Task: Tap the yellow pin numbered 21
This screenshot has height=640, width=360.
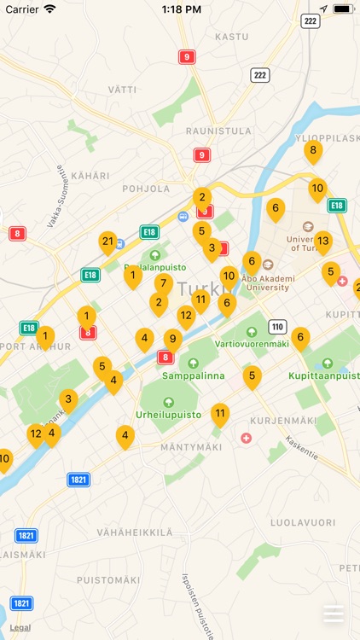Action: coord(107,242)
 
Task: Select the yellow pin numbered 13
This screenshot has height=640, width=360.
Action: coord(322,241)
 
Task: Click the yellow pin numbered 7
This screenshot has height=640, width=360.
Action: coord(164,283)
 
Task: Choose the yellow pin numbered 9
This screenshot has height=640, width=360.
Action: coord(173,339)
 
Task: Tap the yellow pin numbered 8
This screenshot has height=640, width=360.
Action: coord(313,151)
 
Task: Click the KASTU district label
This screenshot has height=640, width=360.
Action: coord(231,37)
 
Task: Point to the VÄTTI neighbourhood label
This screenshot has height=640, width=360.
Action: coord(122,90)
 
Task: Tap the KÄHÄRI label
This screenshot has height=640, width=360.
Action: coord(90,176)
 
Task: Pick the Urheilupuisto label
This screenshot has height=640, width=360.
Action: coord(168,415)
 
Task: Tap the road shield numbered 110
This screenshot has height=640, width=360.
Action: coord(276,327)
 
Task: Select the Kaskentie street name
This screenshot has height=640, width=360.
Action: coord(301,448)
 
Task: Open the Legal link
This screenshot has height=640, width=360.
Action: coord(20,627)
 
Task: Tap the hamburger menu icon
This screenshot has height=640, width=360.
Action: coord(334,614)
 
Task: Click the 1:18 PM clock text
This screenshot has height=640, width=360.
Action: coord(180,9)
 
